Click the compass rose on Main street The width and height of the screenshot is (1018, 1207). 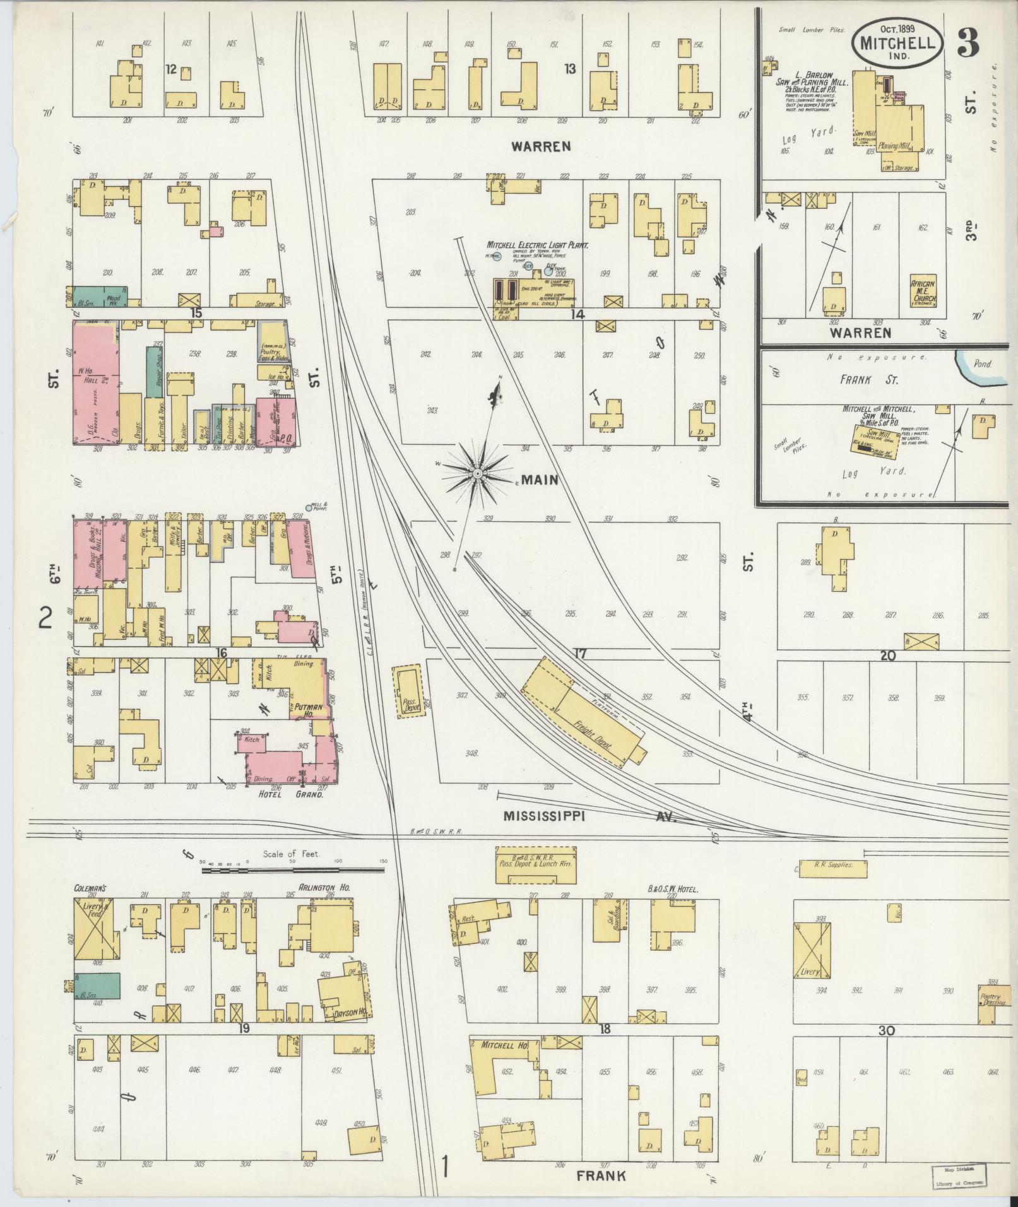(478, 473)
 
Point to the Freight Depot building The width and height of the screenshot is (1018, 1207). (584, 712)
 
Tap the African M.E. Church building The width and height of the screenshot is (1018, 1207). (923, 290)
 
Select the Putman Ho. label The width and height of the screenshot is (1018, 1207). (306, 709)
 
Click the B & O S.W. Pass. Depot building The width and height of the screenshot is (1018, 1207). (535, 864)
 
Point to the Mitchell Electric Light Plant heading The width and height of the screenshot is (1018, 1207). (536, 244)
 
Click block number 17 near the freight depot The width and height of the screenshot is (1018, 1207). (580, 654)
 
